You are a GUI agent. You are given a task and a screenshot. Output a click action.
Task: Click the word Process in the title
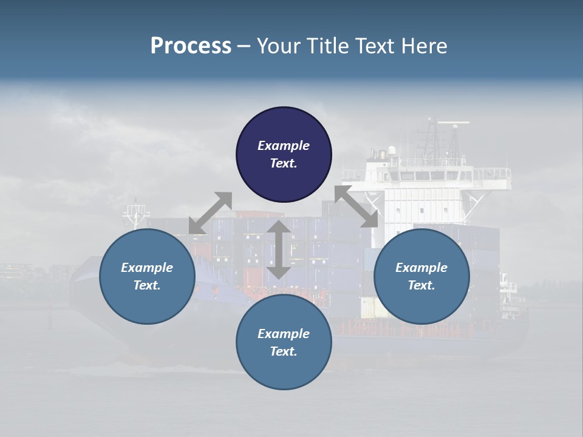click(x=191, y=46)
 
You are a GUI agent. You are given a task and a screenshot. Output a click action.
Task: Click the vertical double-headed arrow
click(x=279, y=249)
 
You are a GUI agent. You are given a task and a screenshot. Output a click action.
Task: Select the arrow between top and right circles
click(x=356, y=206)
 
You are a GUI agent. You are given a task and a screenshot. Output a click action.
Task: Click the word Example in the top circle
click(x=284, y=146)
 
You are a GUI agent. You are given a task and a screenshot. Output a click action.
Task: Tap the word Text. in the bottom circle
click(x=284, y=351)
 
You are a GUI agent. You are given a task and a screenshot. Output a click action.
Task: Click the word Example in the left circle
click(x=147, y=268)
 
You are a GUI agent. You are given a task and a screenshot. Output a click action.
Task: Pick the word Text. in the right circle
click(x=421, y=285)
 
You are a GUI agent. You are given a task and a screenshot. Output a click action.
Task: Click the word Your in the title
click(x=276, y=46)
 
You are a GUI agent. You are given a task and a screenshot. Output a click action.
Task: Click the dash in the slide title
click(x=244, y=46)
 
